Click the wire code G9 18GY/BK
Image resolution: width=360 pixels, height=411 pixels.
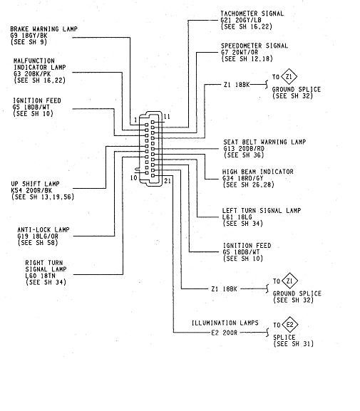[29, 36]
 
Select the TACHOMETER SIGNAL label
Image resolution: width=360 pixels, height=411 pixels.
[252, 14]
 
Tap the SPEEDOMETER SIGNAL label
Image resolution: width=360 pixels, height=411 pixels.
[254, 46]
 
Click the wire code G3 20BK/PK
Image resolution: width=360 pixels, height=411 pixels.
[32, 74]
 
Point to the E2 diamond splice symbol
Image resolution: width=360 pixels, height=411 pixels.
[289, 325]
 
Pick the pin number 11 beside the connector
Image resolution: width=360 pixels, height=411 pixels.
[167, 117]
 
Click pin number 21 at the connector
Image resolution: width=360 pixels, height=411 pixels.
[168, 181]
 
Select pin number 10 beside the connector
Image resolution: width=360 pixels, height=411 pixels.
[134, 177]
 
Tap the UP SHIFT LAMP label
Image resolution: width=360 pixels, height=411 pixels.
[35, 184]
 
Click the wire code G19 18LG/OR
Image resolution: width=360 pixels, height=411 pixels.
[38, 236]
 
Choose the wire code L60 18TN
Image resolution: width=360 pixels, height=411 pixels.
[41, 276]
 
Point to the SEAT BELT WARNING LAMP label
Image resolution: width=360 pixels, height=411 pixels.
[264, 142]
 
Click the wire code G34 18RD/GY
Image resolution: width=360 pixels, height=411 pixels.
[242, 178]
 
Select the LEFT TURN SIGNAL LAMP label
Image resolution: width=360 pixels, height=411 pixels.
[262, 210]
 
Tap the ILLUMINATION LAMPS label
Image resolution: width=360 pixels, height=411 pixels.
[225, 323]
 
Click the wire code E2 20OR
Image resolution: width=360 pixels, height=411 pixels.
[225, 333]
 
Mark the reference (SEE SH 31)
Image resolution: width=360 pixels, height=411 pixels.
[294, 343]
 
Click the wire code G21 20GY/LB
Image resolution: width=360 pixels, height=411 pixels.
[241, 20]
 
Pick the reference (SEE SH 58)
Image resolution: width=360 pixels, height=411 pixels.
[38, 243]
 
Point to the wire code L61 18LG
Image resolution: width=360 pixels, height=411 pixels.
[237, 217]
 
